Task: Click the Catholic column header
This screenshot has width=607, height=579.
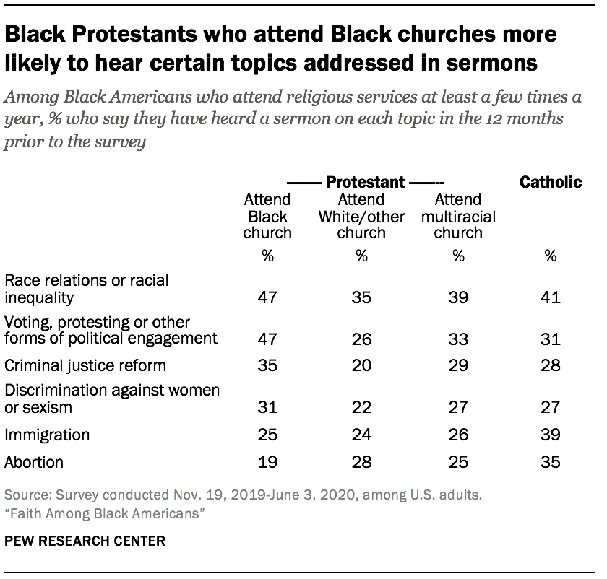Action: coord(550,182)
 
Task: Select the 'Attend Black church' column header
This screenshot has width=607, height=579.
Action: coord(267,216)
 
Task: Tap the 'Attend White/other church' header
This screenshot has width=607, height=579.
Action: coord(361,216)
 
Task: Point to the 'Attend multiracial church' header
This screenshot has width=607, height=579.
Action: coord(458,216)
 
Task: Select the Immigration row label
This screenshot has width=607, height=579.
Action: coord(47,435)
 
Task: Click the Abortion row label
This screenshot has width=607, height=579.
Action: coord(34,461)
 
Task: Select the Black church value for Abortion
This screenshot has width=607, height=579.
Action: coord(267,462)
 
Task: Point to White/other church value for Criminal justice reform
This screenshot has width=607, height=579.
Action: coord(361,365)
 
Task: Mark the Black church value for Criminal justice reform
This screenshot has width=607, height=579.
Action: coord(267,365)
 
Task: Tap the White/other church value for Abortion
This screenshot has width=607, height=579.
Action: coord(361,462)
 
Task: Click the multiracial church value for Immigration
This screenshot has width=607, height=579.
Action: coord(458,435)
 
